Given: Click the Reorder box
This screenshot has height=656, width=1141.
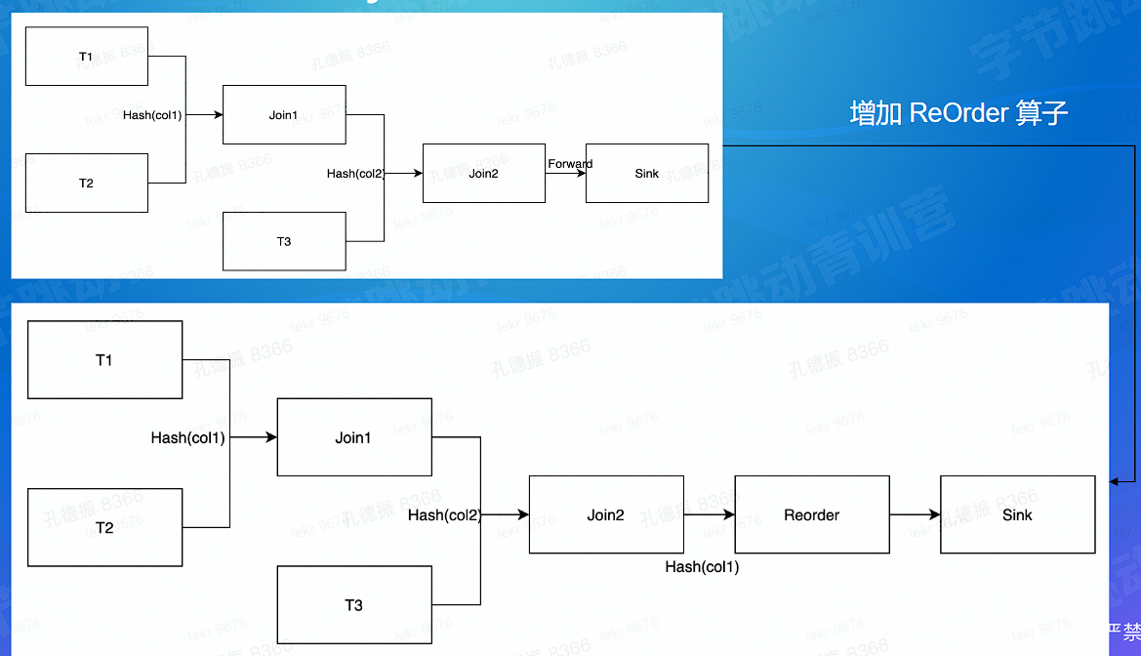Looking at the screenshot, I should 812,514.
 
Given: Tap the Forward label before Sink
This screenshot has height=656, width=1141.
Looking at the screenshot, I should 570,164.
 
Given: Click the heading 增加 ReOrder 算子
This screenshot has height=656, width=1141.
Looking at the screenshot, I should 958,113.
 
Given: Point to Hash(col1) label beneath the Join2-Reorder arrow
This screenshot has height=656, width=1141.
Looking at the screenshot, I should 702,567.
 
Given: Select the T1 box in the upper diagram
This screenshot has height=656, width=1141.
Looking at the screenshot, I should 87,57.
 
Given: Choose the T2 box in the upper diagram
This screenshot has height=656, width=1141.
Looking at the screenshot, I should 87,183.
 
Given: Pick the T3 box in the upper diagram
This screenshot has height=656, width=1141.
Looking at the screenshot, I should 284,241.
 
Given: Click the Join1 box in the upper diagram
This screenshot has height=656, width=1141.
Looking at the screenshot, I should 284,115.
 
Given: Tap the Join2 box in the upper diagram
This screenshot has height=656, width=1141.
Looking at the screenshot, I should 483,174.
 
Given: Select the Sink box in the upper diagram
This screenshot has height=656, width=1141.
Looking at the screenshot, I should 647,174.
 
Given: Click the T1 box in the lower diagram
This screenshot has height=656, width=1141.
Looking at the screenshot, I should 104,360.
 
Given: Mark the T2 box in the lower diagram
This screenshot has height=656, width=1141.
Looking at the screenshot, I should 104,527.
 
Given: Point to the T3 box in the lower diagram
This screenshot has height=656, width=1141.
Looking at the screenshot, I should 354,605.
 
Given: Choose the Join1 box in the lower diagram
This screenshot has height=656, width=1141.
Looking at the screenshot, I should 354,438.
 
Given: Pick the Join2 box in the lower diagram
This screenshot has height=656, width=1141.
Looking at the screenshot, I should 606,514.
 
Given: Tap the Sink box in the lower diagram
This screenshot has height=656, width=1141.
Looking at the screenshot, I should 1017,514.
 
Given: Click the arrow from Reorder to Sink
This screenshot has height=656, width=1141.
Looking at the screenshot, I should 915,514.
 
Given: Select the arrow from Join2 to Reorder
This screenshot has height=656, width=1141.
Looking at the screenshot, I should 710,514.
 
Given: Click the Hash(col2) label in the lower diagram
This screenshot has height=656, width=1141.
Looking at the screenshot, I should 444,515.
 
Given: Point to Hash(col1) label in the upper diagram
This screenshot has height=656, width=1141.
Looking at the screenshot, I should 152,115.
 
